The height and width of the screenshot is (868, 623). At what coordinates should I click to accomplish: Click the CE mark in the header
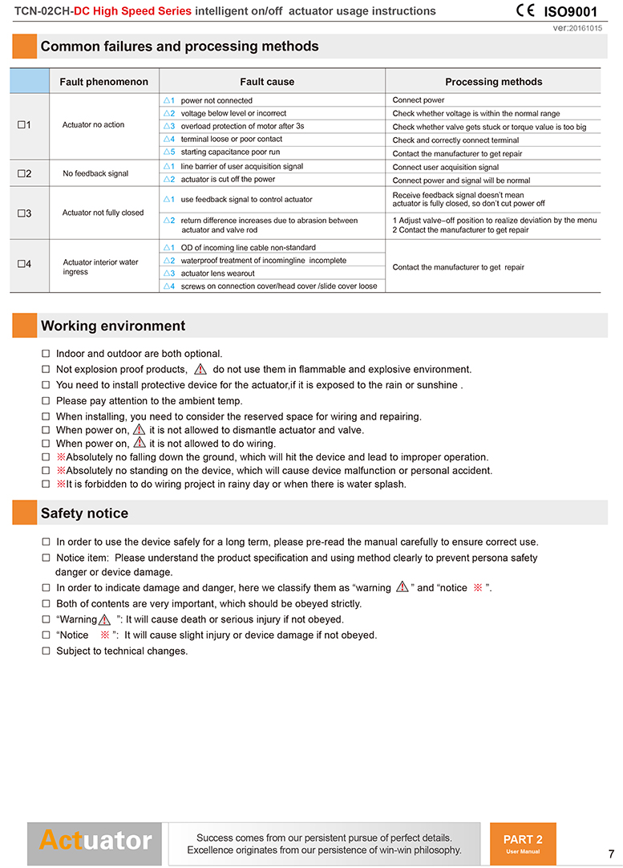(525, 11)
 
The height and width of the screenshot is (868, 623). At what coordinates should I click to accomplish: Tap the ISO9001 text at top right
(570, 12)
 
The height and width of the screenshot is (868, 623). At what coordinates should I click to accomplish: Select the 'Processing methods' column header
(493, 82)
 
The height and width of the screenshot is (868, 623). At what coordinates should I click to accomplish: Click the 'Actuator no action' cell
(93, 125)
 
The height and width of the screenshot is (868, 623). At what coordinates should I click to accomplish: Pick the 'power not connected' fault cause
(216, 101)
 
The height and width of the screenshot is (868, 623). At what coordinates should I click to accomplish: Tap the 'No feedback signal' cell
(95, 173)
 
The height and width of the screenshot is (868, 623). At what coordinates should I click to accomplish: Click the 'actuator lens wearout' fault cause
(217, 274)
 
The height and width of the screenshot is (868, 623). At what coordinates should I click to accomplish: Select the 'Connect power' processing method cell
(419, 101)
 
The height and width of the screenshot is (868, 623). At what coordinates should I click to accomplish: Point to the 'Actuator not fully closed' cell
(103, 213)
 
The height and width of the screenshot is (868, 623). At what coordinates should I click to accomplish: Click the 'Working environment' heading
(113, 326)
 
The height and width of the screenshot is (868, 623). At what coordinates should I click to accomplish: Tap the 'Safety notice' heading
(84, 513)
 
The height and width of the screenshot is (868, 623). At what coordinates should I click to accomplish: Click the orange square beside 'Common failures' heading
(24, 47)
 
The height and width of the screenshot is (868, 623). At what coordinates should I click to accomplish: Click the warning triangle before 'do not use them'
(200, 370)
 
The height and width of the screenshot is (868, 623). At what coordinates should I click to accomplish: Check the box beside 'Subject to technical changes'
(46, 651)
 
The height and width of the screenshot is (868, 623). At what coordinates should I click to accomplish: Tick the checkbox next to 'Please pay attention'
(46, 400)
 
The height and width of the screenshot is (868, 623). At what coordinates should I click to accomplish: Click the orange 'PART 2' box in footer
(523, 842)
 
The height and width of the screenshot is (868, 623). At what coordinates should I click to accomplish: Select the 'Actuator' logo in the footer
(95, 841)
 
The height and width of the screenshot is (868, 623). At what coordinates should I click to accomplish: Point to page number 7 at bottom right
(611, 853)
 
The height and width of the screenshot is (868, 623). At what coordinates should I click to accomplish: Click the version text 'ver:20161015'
(578, 28)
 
